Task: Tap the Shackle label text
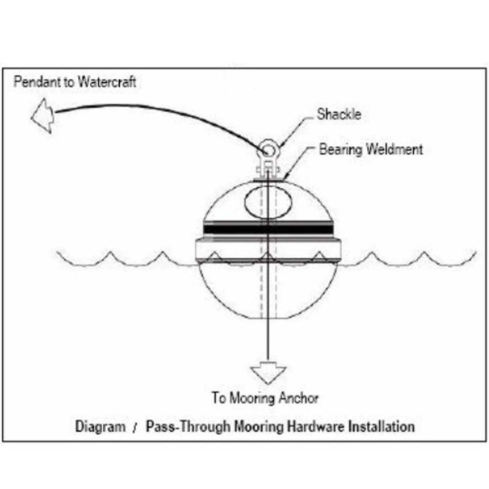339,114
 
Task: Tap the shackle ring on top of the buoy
267,148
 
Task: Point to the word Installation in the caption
381,426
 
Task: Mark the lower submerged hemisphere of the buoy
230,293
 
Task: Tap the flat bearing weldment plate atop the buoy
267,179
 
